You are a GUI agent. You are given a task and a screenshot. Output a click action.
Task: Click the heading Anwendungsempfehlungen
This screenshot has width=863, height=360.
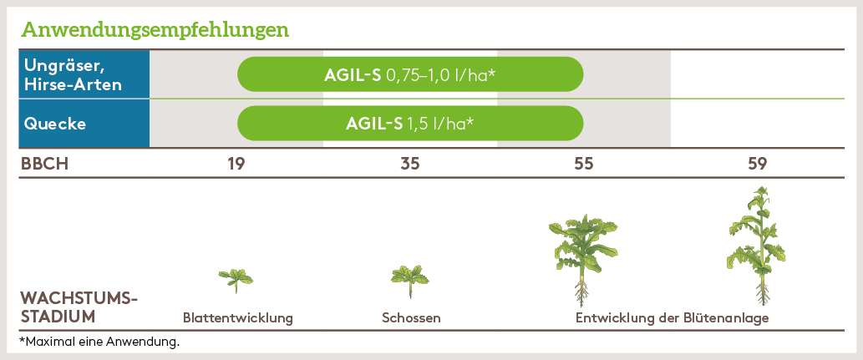click(155, 31)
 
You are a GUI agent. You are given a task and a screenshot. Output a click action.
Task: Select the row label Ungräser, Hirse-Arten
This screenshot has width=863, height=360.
click(74, 74)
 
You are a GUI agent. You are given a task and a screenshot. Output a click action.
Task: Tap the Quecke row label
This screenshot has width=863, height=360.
click(55, 124)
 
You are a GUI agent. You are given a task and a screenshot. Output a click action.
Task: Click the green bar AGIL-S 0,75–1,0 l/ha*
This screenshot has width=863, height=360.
click(410, 74)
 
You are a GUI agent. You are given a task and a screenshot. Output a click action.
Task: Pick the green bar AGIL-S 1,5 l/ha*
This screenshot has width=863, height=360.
click(410, 124)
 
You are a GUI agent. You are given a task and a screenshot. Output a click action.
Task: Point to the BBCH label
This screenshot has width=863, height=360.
click(44, 164)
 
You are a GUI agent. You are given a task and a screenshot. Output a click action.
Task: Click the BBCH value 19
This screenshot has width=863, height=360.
click(236, 164)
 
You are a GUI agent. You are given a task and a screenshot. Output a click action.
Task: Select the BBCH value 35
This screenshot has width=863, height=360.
click(410, 164)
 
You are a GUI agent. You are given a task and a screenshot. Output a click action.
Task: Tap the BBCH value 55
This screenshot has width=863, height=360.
click(584, 164)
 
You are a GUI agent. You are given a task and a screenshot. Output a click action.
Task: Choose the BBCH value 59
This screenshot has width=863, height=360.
click(758, 164)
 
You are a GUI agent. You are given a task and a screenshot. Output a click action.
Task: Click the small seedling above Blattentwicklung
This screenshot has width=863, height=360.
click(236, 279)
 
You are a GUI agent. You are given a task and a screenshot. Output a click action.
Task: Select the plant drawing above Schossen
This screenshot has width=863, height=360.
click(410, 277)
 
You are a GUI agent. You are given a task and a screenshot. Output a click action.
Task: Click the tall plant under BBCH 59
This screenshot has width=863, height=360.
click(758, 238)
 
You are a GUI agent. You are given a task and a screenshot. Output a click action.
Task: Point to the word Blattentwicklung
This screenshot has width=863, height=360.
click(238, 318)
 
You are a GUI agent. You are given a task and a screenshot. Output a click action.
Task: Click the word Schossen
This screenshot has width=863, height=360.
click(411, 318)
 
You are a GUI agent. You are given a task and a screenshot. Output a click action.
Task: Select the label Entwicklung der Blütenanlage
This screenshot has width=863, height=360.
click(672, 318)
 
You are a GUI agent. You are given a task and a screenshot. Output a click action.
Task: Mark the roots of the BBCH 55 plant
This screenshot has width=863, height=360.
click(581, 294)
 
